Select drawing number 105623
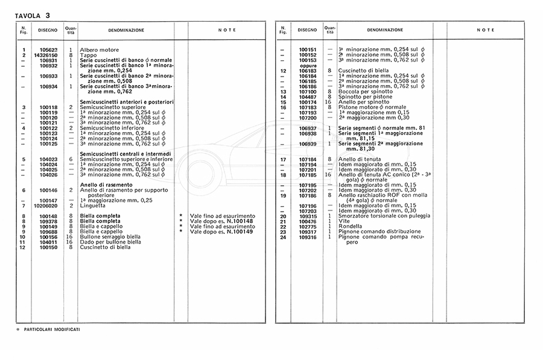(x=48, y=49)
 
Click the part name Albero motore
(x=99, y=49)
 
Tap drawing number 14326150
(x=48, y=55)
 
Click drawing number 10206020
(x=48, y=206)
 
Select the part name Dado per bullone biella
(x=110, y=242)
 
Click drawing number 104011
(x=48, y=242)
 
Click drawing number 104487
(x=308, y=96)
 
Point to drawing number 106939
(x=308, y=144)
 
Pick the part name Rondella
(x=351, y=226)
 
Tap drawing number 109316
(x=308, y=237)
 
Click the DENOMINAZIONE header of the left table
(x=125, y=30)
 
